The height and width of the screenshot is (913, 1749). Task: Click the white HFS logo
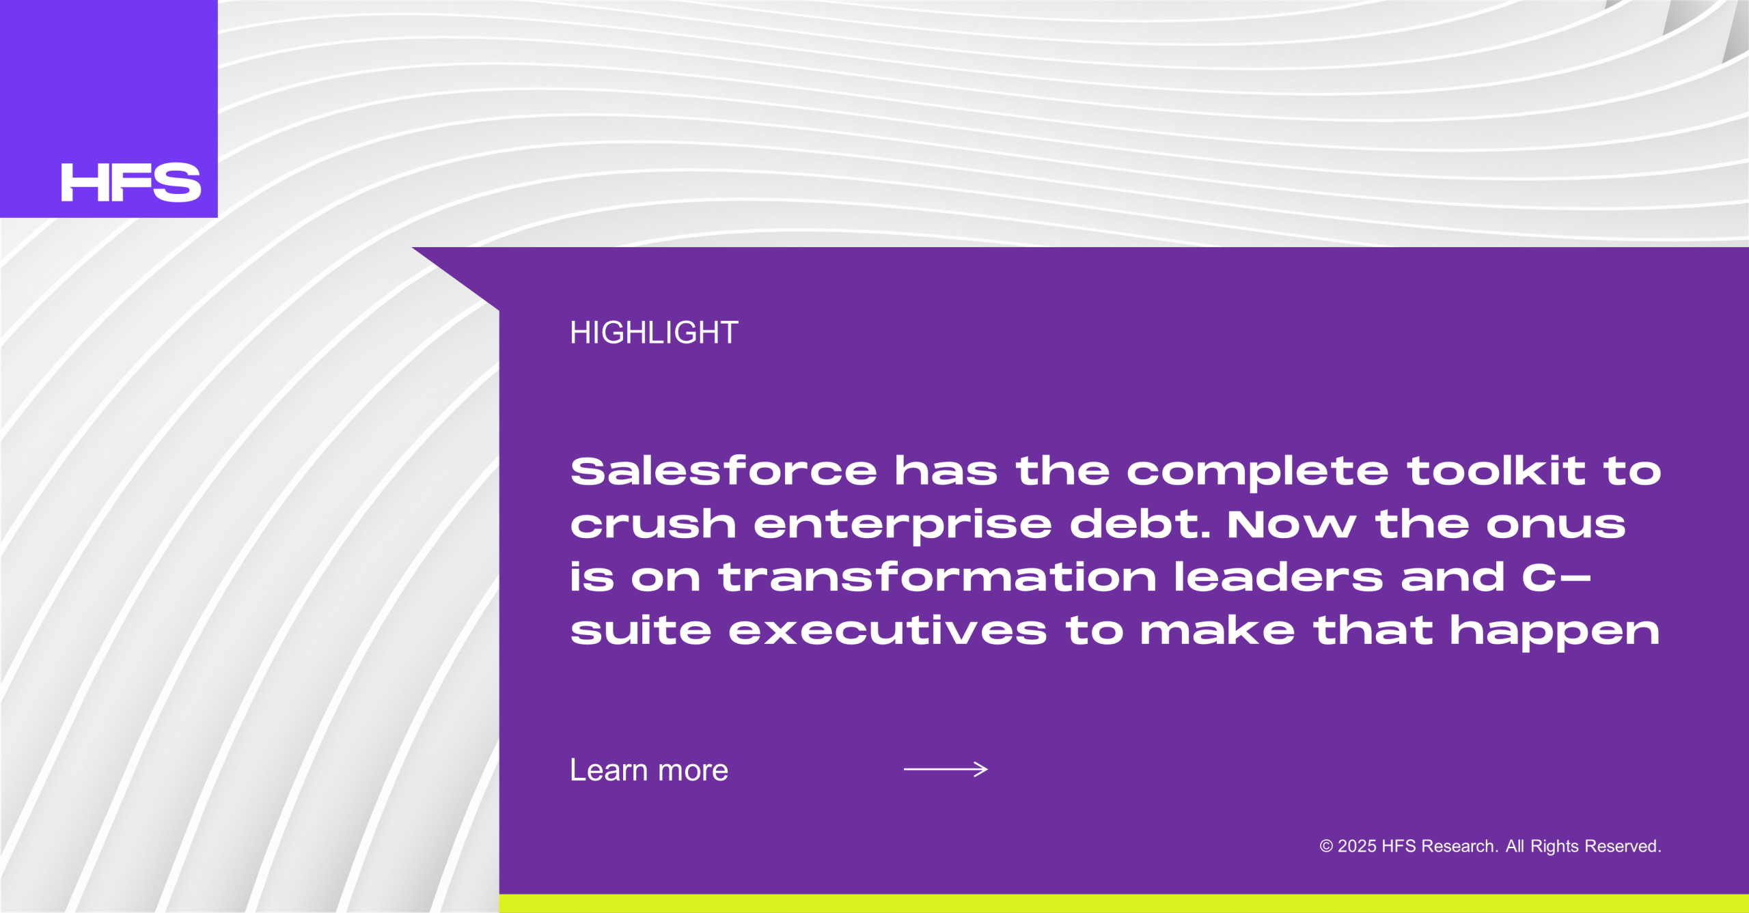131,182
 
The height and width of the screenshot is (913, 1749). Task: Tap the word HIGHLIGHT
654,333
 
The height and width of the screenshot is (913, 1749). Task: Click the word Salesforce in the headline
724,471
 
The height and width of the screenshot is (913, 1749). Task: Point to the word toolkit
1496,471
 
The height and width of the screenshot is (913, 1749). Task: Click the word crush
653,524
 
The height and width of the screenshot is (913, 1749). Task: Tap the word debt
1140,524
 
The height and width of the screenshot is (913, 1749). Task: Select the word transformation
937,577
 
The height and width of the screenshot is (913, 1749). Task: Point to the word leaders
1278,577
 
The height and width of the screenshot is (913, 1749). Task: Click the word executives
887,630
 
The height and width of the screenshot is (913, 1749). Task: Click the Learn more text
649,770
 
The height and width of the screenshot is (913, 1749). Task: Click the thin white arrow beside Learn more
946,770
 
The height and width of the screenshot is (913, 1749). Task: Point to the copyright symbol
1326,847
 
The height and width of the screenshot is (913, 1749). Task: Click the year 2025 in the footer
1357,846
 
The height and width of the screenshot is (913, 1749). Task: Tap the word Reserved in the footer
1623,846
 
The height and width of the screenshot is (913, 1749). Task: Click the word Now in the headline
1292,524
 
